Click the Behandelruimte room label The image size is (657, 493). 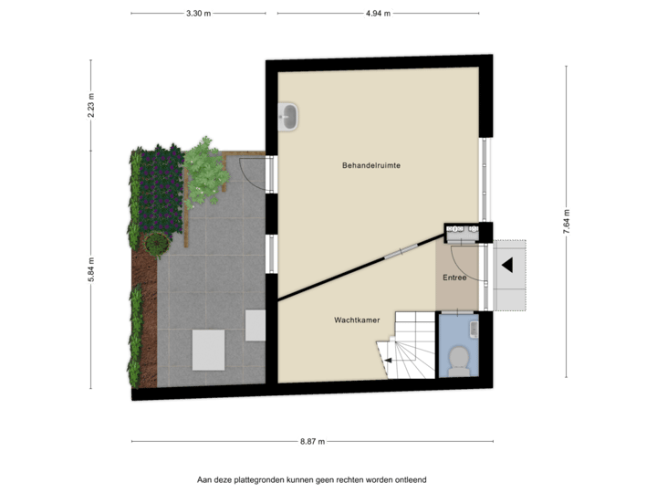[x=372, y=165]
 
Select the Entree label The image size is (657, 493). [x=454, y=278]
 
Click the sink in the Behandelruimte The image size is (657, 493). [x=289, y=116]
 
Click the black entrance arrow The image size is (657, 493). [x=506, y=266]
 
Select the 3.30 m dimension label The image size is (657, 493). [x=198, y=14]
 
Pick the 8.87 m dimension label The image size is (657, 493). [x=312, y=441]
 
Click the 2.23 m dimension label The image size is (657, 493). [x=90, y=106]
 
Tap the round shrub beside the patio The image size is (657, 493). [x=157, y=244]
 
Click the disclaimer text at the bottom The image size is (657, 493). [x=312, y=478]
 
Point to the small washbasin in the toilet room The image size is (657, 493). [x=473, y=326]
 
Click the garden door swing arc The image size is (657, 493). [x=251, y=172]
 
